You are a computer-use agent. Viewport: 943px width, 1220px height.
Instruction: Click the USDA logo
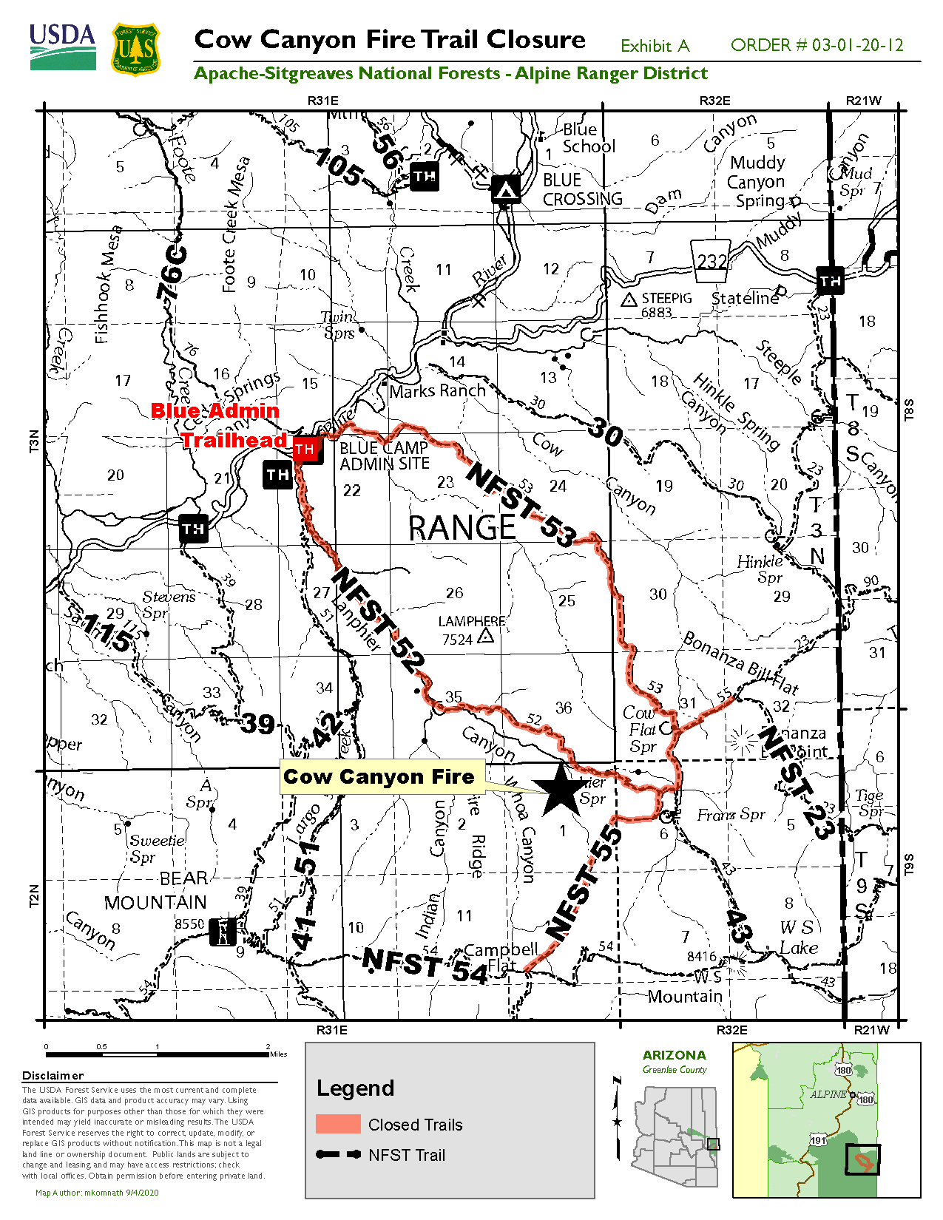pyautogui.click(x=63, y=47)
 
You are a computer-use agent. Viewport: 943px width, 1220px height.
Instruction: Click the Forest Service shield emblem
pyautogui.click(x=135, y=49)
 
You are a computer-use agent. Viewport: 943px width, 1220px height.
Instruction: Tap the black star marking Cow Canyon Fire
pyautogui.click(x=562, y=790)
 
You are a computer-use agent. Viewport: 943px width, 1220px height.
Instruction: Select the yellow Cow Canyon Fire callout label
pyautogui.click(x=380, y=777)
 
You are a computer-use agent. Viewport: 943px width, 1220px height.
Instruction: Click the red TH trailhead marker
pyautogui.click(x=305, y=449)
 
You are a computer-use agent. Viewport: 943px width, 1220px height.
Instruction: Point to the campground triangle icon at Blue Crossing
pyautogui.click(x=506, y=189)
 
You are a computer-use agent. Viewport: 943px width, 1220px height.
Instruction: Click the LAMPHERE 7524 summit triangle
pyautogui.click(x=486, y=635)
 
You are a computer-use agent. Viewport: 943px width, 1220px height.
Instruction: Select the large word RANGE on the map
pyautogui.click(x=462, y=528)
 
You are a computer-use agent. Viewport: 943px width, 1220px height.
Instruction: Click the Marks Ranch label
pyautogui.click(x=437, y=390)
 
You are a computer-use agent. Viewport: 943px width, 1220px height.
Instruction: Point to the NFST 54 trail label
pyautogui.click(x=425, y=965)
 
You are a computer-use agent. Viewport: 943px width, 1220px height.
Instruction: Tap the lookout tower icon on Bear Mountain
pyautogui.click(x=222, y=932)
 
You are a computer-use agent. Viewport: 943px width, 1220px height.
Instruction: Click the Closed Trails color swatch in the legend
pyautogui.click(x=337, y=1124)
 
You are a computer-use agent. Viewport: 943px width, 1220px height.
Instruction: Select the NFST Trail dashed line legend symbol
pyautogui.click(x=338, y=1154)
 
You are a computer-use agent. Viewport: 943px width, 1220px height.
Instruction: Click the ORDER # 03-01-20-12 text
pyautogui.click(x=817, y=45)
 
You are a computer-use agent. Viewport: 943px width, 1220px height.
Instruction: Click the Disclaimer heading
pyautogui.click(x=53, y=1076)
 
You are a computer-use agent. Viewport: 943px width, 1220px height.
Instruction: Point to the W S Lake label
pyautogui.click(x=798, y=938)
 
